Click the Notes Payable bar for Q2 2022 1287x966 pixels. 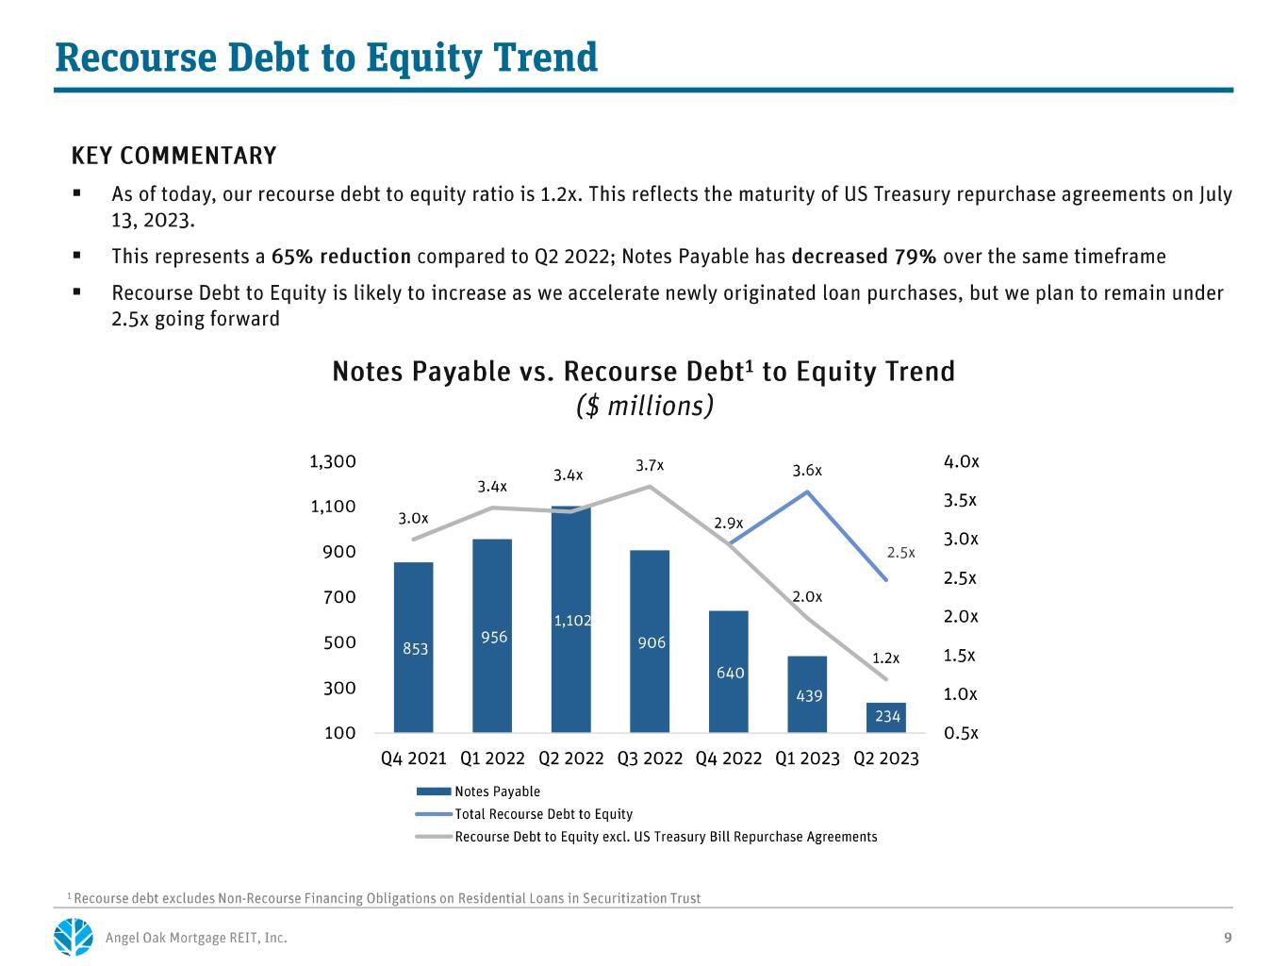click(x=570, y=619)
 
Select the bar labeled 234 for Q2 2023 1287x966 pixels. click(x=885, y=717)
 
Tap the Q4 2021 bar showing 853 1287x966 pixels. click(x=413, y=647)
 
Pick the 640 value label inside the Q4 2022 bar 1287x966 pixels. click(x=730, y=673)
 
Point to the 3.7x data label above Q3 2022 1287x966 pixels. click(x=649, y=465)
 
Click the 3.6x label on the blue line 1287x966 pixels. click(x=807, y=470)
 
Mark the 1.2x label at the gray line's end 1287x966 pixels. click(x=885, y=658)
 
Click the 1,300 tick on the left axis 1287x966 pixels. click(x=333, y=461)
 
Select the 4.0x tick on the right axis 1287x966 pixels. click(x=961, y=461)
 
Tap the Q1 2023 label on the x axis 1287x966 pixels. click(x=807, y=758)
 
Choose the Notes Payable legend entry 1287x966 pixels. click(x=478, y=791)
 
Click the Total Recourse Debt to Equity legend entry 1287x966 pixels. click(x=524, y=814)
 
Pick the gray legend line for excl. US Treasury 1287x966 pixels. click(x=434, y=837)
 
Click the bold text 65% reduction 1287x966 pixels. click(x=340, y=257)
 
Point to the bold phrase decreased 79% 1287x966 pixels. click(x=863, y=257)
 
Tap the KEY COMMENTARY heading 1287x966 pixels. click(x=173, y=156)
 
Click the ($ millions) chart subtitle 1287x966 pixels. click(x=644, y=406)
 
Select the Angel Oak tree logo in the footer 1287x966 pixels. click(x=74, y=936)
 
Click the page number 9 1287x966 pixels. click(x=1228, y=938)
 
